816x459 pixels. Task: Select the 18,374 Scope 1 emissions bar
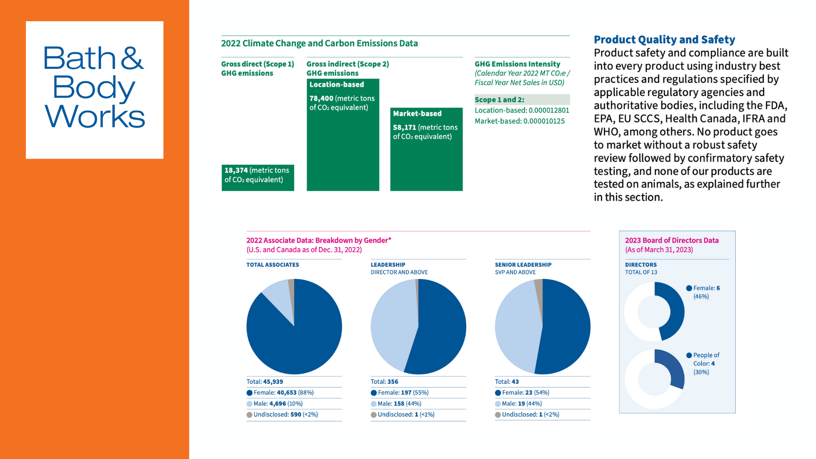(x=258, y=178)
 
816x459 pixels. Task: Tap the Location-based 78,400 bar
(x=343, y=135)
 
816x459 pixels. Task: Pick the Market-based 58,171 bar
(x=426, y=149)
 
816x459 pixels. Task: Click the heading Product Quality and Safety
(x=664, y=40)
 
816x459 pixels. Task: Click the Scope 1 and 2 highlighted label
(x=499, y=99)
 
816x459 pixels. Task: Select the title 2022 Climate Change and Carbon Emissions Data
(x=319, y=43)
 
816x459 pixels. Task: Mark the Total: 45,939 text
(x=265, y=382)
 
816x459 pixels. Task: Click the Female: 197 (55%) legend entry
(x=399, y=393)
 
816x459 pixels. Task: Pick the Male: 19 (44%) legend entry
(x=518, y=404)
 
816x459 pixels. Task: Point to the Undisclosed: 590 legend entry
(x=282, y=414)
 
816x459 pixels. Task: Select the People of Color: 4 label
(x=703, y=363)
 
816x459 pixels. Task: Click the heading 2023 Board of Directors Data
(x=671, y=240)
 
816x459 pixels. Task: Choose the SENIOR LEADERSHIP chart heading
(x=523, y=265)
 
